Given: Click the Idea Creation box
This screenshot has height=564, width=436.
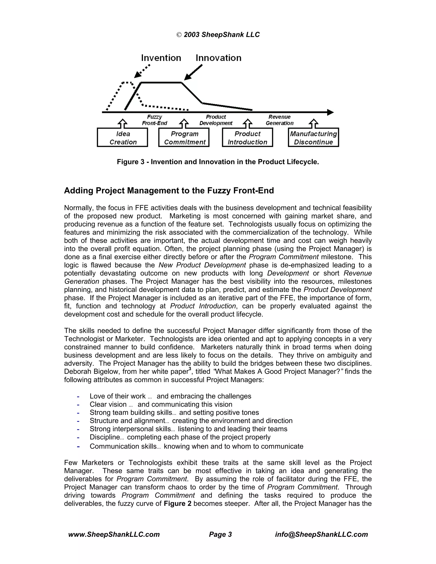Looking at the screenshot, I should click(x=122, y=138).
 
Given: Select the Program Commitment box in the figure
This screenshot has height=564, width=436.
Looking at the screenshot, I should click(x=184, y=138).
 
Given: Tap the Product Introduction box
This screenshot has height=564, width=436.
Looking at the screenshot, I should click(x=247, y=138).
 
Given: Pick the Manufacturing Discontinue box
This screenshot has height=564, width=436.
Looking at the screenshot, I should click(x=313, y=138).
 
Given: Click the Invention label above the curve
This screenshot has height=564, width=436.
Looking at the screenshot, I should click(x=161, y=58).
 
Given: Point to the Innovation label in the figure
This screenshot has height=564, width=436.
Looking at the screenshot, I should click(x=218, y=58).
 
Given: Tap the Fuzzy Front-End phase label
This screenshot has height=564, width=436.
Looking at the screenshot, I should click(x=155, y=120).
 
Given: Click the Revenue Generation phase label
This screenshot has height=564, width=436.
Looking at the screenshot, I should click(x=280, y=120).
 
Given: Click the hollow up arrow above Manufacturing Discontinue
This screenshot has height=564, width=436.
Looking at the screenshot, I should click(x=314, y=123).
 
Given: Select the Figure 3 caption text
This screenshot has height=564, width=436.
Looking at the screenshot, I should click(x=218, y=162).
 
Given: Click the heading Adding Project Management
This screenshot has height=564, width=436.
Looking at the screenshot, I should click(x=169, y=190).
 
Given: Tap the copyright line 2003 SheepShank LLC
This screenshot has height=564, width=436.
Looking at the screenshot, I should click(x=218, y=35).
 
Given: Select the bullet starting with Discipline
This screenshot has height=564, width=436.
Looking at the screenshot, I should click(x=180, y=437).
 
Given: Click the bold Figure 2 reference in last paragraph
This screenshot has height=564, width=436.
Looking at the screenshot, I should click(x=178, y=504).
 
